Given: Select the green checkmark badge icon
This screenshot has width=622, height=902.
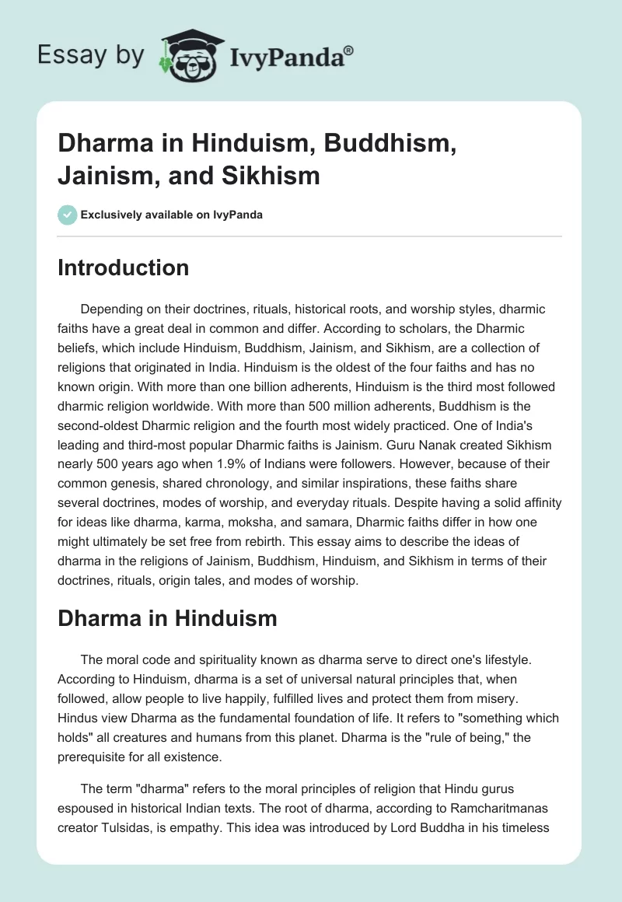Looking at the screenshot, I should point(67,215).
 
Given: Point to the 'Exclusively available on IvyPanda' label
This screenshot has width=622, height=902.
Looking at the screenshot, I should point(171,215).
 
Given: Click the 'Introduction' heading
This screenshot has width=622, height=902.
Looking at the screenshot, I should point(124,267).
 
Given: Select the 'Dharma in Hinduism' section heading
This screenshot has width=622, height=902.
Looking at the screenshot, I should point(167,618).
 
